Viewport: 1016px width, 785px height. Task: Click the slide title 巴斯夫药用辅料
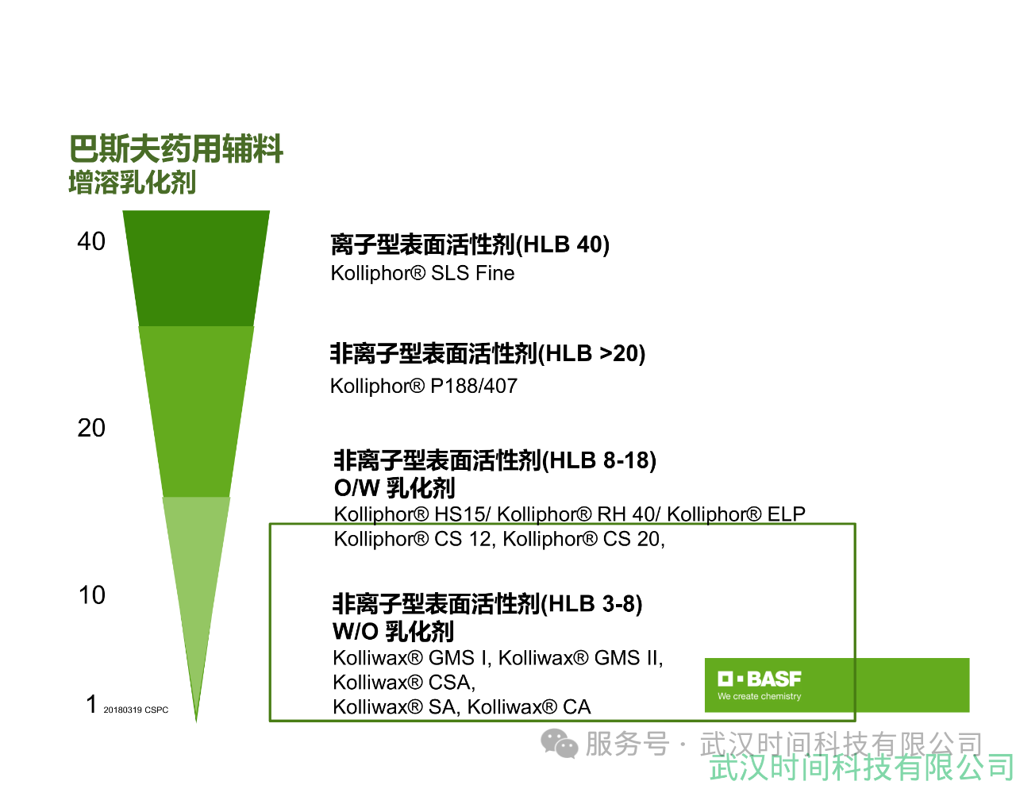[x=175, y=148]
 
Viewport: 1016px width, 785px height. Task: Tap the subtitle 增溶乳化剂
[x=133, y=182]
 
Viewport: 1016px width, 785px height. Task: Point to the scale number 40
[x=91, y=242]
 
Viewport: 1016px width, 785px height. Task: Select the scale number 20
[x=91, y=428]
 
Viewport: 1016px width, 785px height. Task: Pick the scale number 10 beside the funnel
[x=91, y=595]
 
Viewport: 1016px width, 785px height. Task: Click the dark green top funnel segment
[x=196, y=268]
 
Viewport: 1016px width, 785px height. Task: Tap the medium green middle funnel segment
[x=196, y=411]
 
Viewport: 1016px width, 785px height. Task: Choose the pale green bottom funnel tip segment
[x=196, y=584]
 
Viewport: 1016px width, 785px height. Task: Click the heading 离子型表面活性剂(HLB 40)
[x=470, y=244]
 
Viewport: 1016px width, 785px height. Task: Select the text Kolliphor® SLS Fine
[x=422, y=273]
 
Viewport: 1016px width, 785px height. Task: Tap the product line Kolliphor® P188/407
[x=424, y=387]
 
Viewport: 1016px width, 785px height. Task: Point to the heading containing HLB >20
[x=487, y=353]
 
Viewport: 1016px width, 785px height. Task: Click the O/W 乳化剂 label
[x=394, y=488]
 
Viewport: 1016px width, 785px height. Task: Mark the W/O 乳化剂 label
[x=393, y=631]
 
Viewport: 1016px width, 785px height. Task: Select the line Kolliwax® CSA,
[x=404, y=683]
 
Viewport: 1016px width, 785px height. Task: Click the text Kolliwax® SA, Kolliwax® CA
[x=462, y=707]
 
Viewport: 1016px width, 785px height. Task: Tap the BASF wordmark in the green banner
[x=760, y=679]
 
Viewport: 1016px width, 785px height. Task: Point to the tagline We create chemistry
[x=760, y=696]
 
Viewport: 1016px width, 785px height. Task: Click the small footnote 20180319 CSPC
[x=136, y=710]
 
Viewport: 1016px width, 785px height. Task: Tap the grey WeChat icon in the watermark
[x=560, y=744]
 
